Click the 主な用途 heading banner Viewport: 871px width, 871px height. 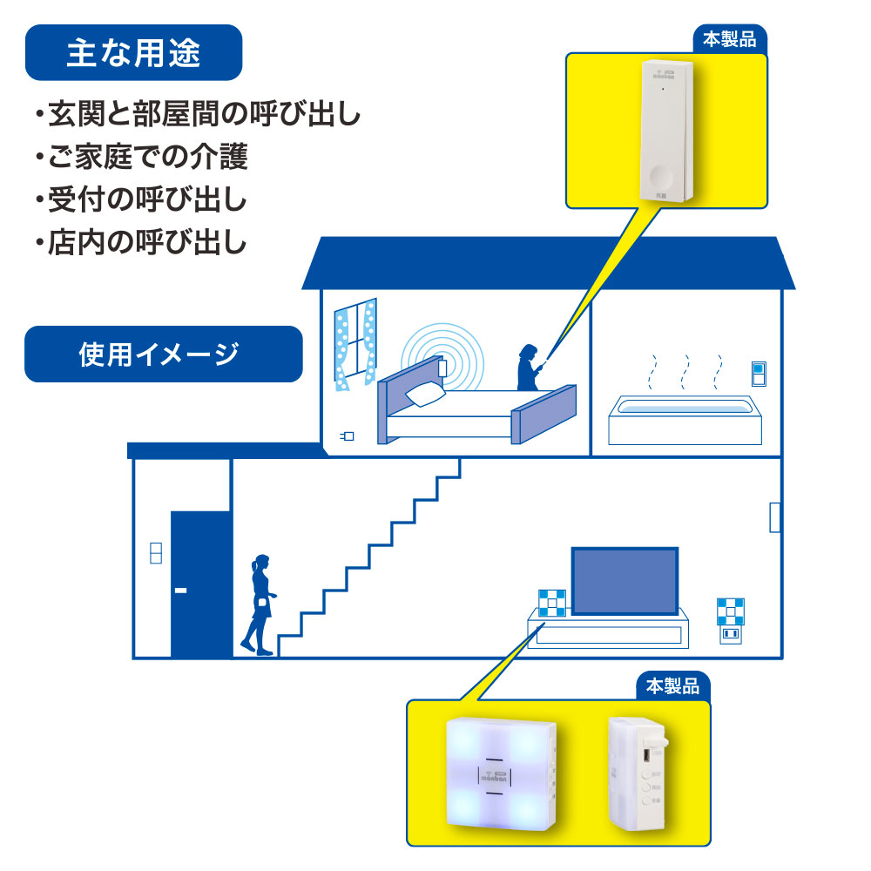(133, 53)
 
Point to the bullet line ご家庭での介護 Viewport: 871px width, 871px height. (143, 158)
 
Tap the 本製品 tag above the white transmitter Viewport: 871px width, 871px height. (730, 40)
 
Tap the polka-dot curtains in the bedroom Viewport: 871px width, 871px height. (355, 341)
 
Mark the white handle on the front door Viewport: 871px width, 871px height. (180, 591)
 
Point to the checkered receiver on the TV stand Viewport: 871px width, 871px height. (550, 604)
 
